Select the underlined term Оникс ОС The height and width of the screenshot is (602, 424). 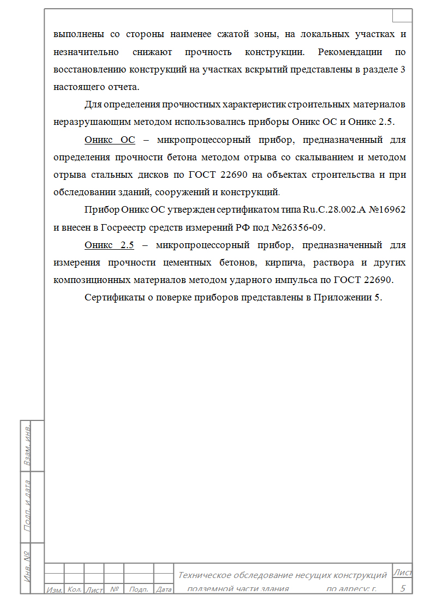point(110,140)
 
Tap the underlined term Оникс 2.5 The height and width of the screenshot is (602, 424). point(109,245)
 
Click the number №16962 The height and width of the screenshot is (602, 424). point(384,210)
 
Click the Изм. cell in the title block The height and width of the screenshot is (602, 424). point(55,589)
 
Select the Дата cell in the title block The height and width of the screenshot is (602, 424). point(164,589)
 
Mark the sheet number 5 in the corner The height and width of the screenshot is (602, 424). point(403,588)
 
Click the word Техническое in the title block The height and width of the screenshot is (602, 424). point(205,575)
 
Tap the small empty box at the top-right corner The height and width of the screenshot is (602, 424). point(402,15)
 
